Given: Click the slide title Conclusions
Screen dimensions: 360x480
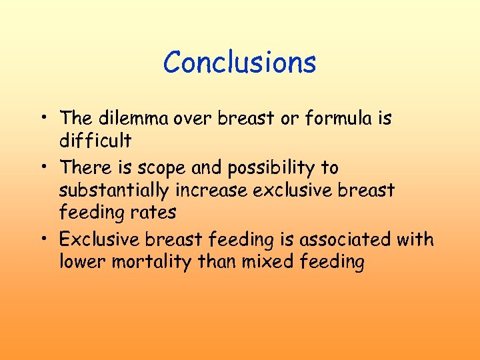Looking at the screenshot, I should click(239, 63).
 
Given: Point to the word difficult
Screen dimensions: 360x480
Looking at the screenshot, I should click(95, 141).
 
